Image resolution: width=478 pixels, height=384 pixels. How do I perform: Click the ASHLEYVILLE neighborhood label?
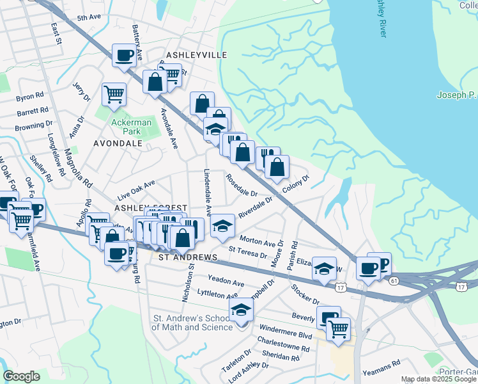tap(196, 56)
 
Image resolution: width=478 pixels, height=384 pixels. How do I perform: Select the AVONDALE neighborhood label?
tap(118, 143)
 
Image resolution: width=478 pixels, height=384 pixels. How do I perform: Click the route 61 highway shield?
tap(394, 280)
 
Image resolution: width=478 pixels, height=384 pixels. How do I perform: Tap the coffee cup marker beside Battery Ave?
tap(123, 56)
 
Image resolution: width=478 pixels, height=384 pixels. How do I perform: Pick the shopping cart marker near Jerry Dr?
tap(114, 95)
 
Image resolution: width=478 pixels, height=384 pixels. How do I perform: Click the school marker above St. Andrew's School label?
tap(241, 310)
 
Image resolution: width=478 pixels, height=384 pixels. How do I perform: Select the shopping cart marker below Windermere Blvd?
tap(338, 330)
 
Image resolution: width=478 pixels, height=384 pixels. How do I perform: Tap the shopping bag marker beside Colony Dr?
tap(277, 168)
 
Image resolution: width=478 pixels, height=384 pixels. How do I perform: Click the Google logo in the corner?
tap(21, 376)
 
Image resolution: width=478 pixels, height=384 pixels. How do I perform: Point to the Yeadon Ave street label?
tap(226, 282)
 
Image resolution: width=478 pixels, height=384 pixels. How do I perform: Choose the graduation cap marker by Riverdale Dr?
tap(222, 226)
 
